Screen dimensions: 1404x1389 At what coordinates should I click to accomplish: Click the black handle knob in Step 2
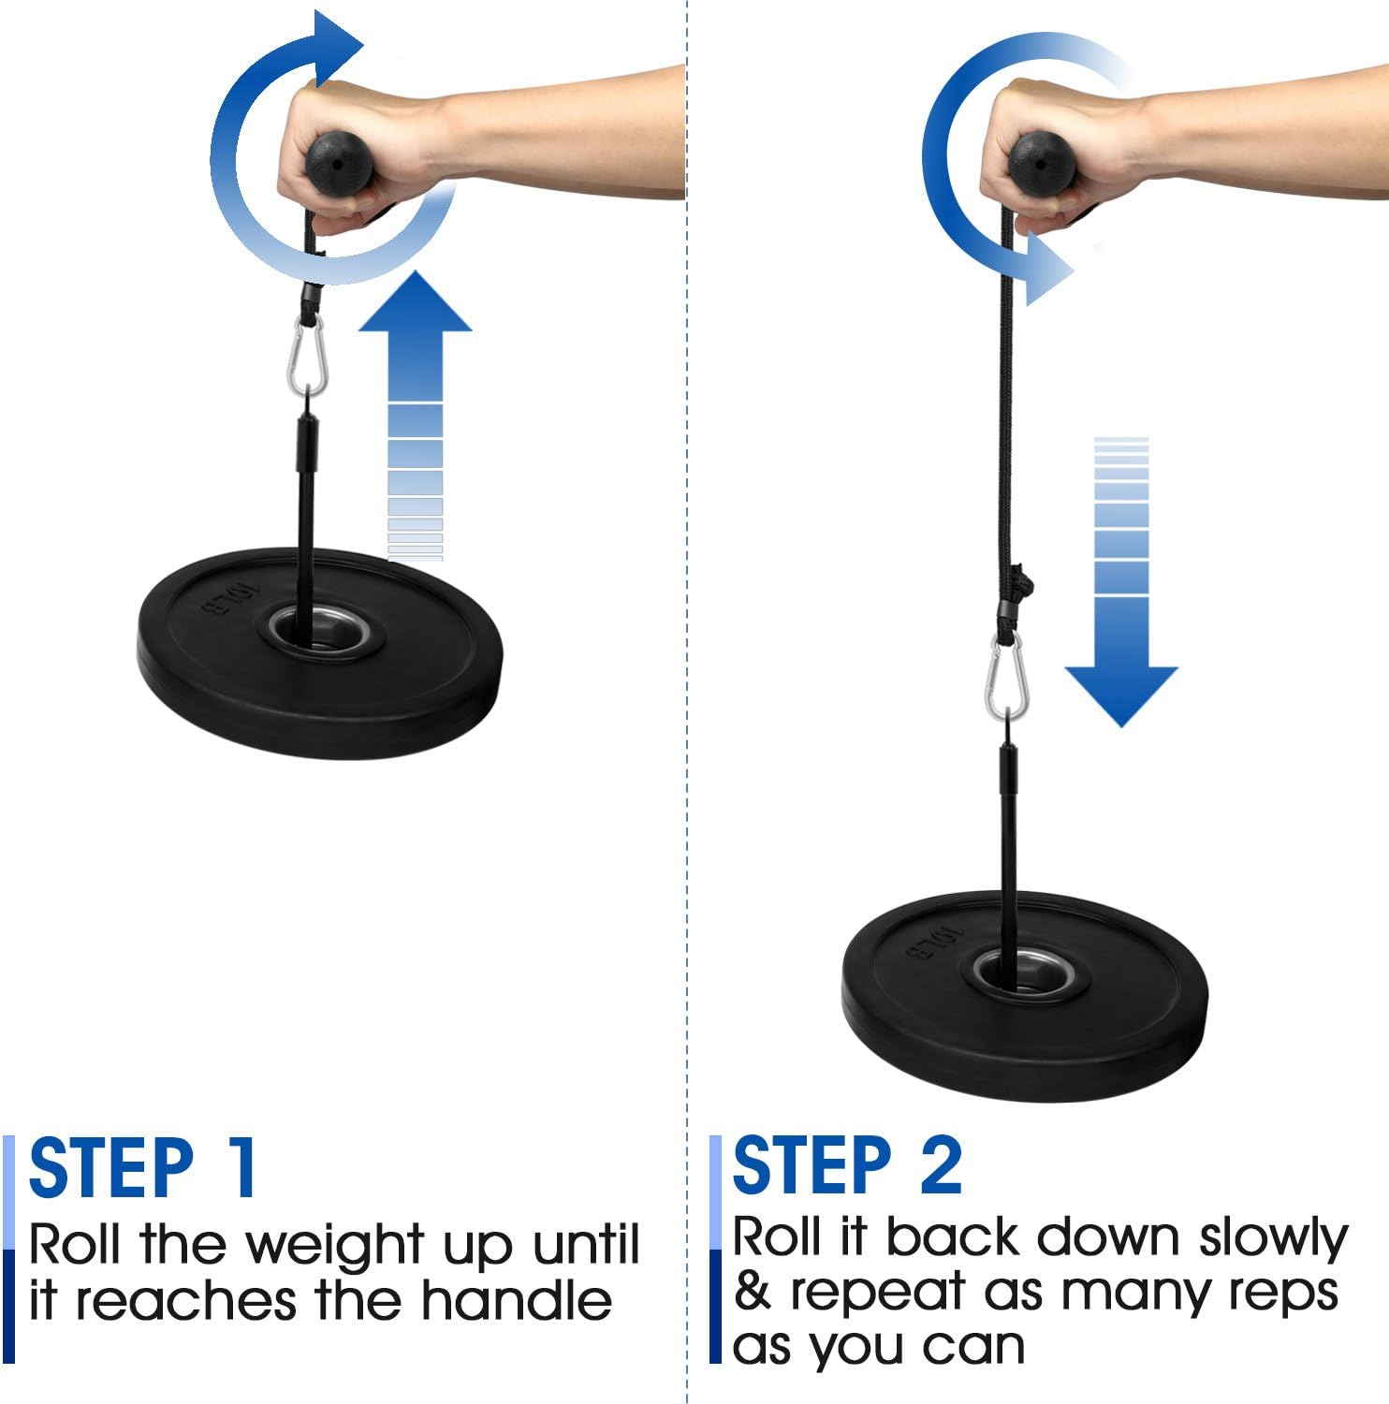click(1043, 163)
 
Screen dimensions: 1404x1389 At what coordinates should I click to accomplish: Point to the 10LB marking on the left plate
click(228, 597)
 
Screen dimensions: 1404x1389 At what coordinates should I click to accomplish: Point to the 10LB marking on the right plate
click(933, 942)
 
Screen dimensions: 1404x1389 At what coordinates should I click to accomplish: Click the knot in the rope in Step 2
click(1022, 584)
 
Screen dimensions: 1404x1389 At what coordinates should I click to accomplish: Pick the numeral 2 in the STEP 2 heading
click(940, 1165)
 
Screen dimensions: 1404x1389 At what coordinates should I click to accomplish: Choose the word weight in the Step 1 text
click(335, 1247)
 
